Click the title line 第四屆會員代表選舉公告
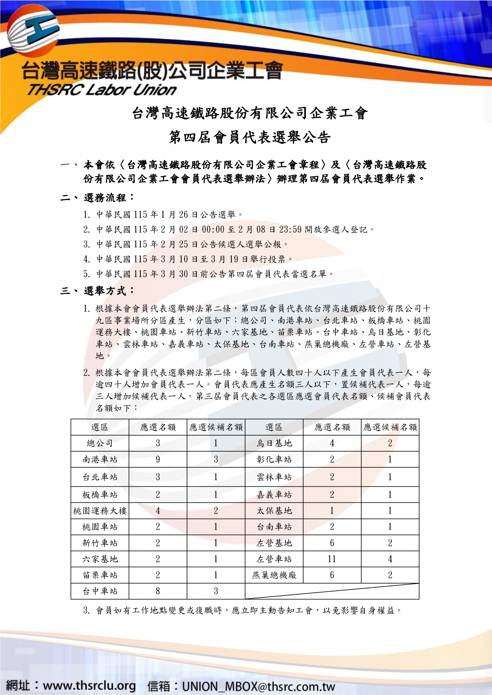(250, 137)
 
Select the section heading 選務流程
(105, 198)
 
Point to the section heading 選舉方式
(105, 291)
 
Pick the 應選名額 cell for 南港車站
(158, 459)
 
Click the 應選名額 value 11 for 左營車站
(332, 559)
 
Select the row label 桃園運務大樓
(100, 511)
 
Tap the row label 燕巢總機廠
(274, 575)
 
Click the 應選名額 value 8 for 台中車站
(158, 591)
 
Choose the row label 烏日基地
(274, 443)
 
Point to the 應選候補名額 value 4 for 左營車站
(390, 559)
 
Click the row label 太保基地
(274, 511)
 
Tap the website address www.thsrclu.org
(89, 685)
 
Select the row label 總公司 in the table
(100, 443)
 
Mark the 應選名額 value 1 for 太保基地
(332, 511)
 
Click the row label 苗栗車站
(100, 575)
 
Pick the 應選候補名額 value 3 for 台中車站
(216, 591)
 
